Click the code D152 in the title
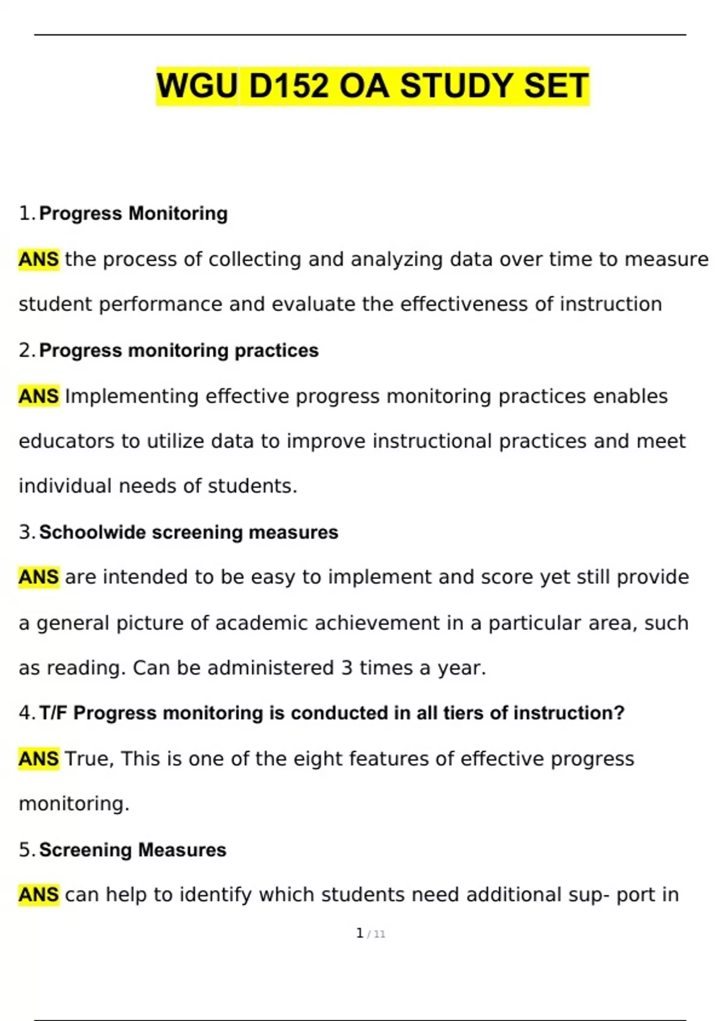288,86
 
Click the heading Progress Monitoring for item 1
133,213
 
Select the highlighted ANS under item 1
38,259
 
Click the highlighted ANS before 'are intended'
38,577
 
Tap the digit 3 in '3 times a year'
347,668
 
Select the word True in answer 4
87,759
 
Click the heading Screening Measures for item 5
133,850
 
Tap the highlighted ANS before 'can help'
38,895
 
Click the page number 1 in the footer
359,933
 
